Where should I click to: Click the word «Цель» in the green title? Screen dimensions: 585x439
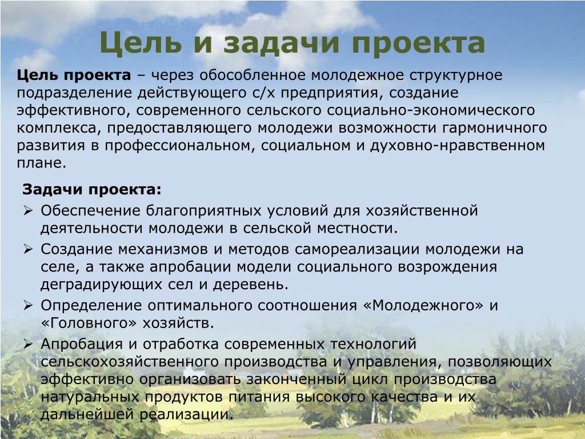[x=141, y=42]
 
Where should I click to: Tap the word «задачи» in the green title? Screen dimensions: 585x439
[x=282, y=42]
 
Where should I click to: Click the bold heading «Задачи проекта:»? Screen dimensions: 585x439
[x=92, y=190]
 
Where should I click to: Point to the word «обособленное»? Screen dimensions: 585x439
[x=252, y=75]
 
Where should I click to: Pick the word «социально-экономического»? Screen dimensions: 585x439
[x=431, y=111]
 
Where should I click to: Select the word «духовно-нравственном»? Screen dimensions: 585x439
[x=458, y=146]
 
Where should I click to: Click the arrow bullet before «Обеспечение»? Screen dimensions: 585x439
[x=28, y=210]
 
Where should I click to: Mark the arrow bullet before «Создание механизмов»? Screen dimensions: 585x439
[x=28, y=249]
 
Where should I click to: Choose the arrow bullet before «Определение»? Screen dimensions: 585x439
[x=28, y=305]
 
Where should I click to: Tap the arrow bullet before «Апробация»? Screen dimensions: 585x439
[x=28, y=344]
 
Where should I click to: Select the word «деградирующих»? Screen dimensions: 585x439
[x=101, y=285]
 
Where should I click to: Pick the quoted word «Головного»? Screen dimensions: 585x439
[x=89, y=323]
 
